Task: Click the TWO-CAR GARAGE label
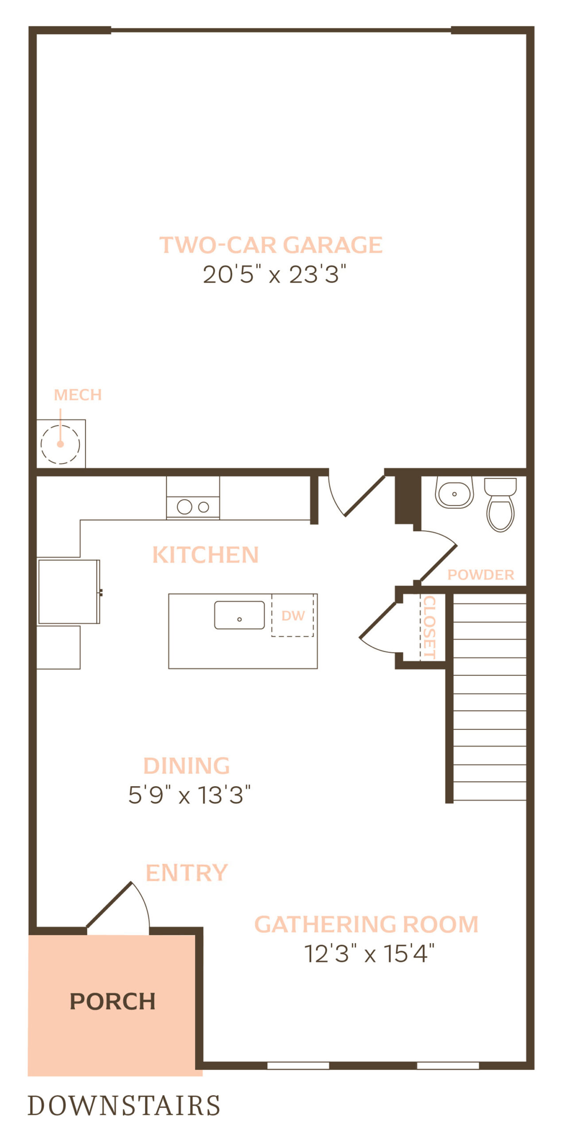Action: tap(271, 245)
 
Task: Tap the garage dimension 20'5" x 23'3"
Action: tap(274, 274)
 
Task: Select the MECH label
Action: tap(77, 395)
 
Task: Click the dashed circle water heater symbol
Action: tap(60, 444)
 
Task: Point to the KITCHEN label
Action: tap(205, 555)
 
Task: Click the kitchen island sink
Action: tap(240, 615)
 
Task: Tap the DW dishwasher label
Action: tap(293, 616)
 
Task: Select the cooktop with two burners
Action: tap(193, 507)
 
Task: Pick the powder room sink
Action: tap(454, 493)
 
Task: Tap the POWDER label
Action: tap(481, 575)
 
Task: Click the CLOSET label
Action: tap(429, 627)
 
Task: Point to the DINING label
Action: tap(186, 765)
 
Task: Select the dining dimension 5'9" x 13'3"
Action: tap(190, 795)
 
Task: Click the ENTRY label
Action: tap(186, 873)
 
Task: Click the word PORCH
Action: tap(112, 1002)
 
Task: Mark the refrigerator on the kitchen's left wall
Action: tap(69, 592)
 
